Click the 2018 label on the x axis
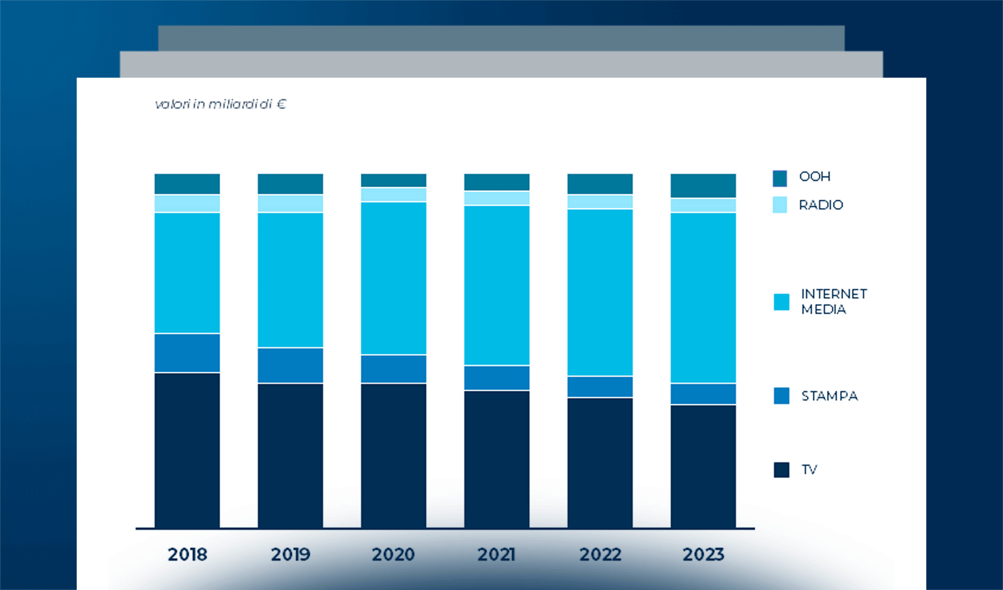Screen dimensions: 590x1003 pos(187,555)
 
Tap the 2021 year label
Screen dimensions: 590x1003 pos(497,555)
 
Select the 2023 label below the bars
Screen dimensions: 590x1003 pos(703,555)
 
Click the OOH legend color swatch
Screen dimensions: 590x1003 pos(780,178)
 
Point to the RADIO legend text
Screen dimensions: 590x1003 pos(821,205)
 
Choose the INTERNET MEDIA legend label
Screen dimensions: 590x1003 pos(833,301)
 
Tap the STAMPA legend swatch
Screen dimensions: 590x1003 pos(781,396)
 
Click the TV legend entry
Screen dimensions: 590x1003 pos(809,470)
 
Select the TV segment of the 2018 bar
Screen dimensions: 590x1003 pos(187,450)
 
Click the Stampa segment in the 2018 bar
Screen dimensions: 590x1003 pos(187,353)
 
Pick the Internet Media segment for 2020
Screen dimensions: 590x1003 pos(393,278)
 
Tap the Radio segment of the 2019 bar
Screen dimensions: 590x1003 pos(290,204)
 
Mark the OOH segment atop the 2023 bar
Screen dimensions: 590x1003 pos(703,185)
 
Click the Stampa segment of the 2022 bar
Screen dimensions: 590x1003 pos(600,387)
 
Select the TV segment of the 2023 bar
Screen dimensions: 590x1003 pos(703,466)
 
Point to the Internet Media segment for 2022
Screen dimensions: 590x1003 pos(600,293)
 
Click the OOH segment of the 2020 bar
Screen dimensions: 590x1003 pos(393,180)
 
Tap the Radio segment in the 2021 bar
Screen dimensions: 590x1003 pos(497,198)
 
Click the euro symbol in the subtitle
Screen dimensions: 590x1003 pos(281,104)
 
